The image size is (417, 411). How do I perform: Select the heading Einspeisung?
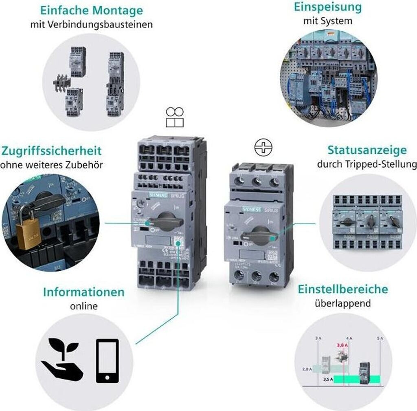pos(327,7)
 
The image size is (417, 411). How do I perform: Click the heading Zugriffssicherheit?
pos(51,151)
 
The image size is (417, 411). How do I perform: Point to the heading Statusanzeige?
pos(367,150)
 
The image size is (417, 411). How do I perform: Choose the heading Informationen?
pos(84,292)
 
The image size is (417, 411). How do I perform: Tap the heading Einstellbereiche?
pos(343,289)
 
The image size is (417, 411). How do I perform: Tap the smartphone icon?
pos(107,360)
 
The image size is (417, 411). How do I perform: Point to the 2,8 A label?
pos(307,369)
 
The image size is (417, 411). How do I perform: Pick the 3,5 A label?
pos(328,379)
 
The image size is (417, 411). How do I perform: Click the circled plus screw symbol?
pos(263,148)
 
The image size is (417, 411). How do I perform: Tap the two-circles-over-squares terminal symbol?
pos(174,117)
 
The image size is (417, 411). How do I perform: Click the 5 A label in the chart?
pos(380,338)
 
